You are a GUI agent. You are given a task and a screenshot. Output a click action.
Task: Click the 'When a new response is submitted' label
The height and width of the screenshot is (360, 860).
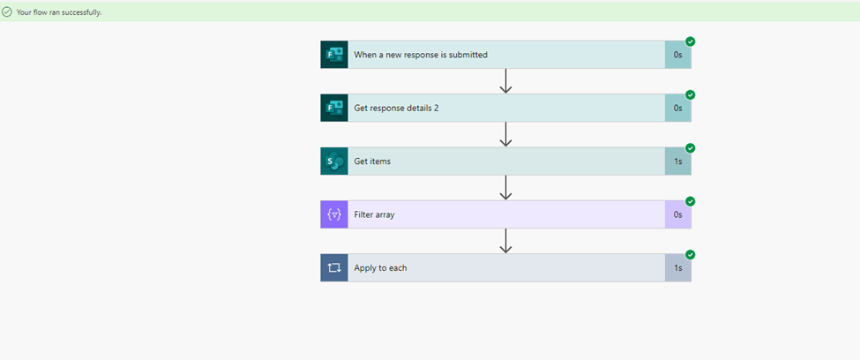pos(421,55)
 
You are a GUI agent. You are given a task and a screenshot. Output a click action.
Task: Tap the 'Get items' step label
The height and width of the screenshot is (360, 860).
pos(372,161)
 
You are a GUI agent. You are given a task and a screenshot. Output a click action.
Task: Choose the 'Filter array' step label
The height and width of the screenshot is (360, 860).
pos(374,214)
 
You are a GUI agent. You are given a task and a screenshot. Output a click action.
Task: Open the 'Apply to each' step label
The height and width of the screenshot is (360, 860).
pos(380,267)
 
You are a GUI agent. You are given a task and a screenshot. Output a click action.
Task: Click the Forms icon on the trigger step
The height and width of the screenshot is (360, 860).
pos(334,55)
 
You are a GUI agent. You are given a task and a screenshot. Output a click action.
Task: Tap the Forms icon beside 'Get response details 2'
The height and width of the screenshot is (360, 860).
pos(334,108)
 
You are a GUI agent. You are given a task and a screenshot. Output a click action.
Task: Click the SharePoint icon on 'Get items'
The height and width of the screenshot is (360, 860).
pos(334,161)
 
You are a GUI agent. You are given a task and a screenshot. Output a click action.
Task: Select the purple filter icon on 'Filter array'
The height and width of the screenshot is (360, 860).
pos(334,214)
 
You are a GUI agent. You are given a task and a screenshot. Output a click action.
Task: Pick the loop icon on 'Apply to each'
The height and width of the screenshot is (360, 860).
pos(334,267)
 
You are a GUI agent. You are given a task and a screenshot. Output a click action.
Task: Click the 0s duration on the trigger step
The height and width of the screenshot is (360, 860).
pos(677,55)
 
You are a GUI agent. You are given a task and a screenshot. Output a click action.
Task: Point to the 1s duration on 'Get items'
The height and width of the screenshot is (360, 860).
pos(677,161)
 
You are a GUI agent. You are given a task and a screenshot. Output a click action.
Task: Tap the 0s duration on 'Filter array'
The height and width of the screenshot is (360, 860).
pos(677,214)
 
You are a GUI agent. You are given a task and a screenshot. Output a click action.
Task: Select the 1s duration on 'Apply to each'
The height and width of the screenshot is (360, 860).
pos(677,267)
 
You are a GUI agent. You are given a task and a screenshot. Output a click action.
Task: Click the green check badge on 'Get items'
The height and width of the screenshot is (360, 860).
pos(691,148)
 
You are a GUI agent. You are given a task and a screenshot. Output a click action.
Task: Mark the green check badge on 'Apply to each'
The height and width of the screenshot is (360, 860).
pos(691,255)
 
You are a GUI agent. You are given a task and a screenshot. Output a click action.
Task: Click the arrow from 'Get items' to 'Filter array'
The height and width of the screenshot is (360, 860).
pos(505,187)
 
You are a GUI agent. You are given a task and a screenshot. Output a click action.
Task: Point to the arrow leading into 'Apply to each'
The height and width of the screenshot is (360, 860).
pos(505,241)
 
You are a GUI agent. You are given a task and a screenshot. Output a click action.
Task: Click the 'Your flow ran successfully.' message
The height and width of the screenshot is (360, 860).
pos(58,11)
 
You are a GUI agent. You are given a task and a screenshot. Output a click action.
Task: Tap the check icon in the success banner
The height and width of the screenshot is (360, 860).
pos(7,11)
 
